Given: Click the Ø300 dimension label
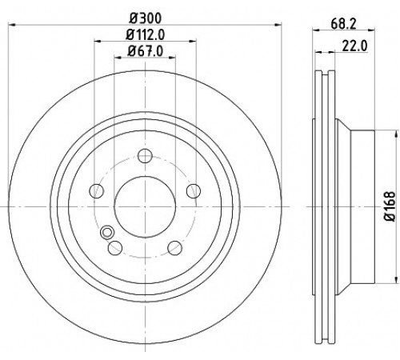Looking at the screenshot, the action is [146, 18].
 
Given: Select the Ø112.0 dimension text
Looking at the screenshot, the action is [146, 35].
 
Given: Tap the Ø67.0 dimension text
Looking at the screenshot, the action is [146, 51].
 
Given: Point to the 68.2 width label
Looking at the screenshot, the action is [343, 24].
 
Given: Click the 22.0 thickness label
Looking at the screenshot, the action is [354, 46].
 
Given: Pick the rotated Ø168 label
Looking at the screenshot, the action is [390, 206].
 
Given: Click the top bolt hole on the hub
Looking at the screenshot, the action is [145, 156].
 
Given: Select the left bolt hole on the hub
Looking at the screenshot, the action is [96, 191].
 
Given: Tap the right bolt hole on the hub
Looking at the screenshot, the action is [194, 191].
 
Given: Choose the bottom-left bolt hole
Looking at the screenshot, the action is [115, 248].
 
